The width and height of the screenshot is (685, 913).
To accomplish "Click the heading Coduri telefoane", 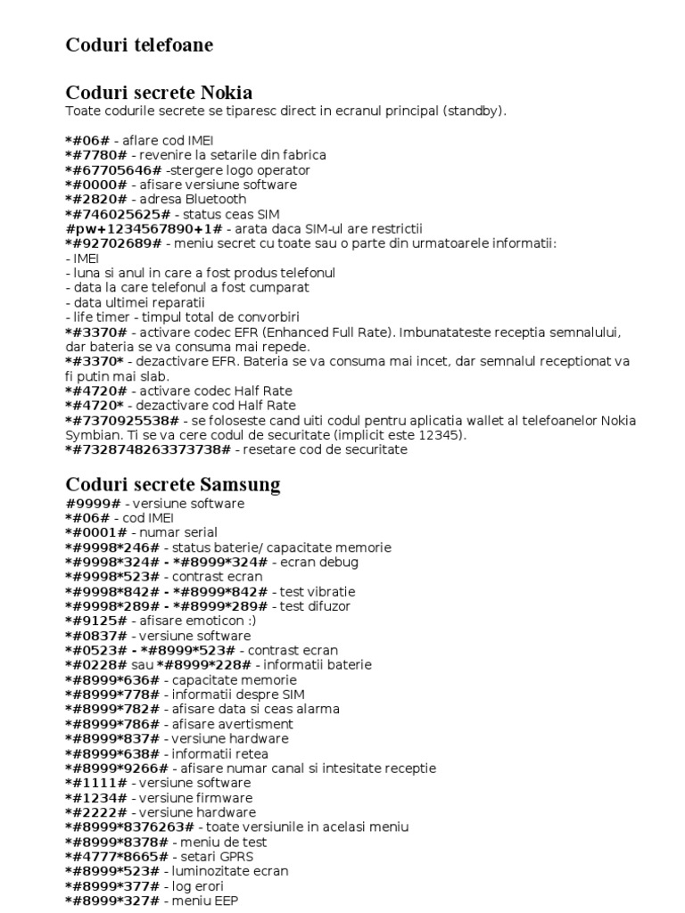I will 139,45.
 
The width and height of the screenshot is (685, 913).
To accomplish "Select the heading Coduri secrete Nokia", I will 159,93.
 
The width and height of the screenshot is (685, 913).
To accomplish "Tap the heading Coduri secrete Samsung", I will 173,485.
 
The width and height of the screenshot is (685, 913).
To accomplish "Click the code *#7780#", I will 96,155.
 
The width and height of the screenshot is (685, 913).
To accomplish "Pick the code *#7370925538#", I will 121,420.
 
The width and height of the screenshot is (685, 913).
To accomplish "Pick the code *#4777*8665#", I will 113,857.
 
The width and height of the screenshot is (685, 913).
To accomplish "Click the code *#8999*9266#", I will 117,769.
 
